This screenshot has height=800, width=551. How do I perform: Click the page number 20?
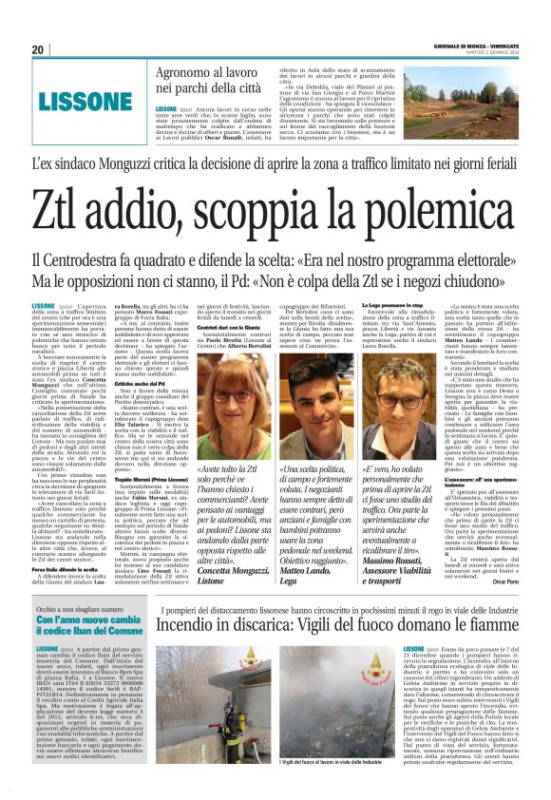pyautogui.click(x=38, y=49)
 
